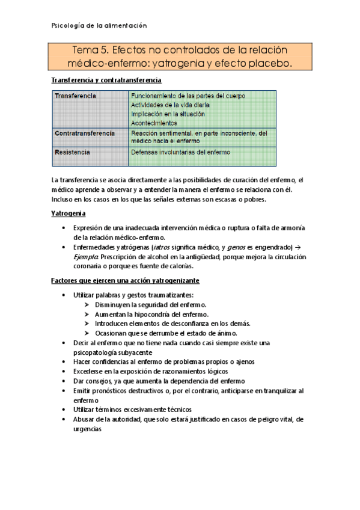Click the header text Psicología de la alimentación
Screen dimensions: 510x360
click(97, 26)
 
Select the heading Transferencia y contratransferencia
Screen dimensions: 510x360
click(106, 80)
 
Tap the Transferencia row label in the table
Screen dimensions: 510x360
click(76, 96)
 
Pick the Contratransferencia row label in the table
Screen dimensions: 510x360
click(85, 133)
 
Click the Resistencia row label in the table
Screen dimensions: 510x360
click(73, 153)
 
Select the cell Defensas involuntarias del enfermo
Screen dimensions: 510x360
click(180, 153)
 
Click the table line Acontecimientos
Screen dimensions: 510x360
click(154, 123)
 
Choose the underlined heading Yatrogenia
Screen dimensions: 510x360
click(69, 214)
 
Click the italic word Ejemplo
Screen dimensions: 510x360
click(87, 257)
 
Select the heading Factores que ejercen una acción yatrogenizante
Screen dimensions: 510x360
click(125, 281)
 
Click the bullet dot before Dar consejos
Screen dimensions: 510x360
click(65, 381)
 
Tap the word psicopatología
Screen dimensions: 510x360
click(99, 352)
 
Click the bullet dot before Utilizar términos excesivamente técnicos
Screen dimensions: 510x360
click(65, 410)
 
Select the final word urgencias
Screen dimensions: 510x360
click(87, 429)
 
